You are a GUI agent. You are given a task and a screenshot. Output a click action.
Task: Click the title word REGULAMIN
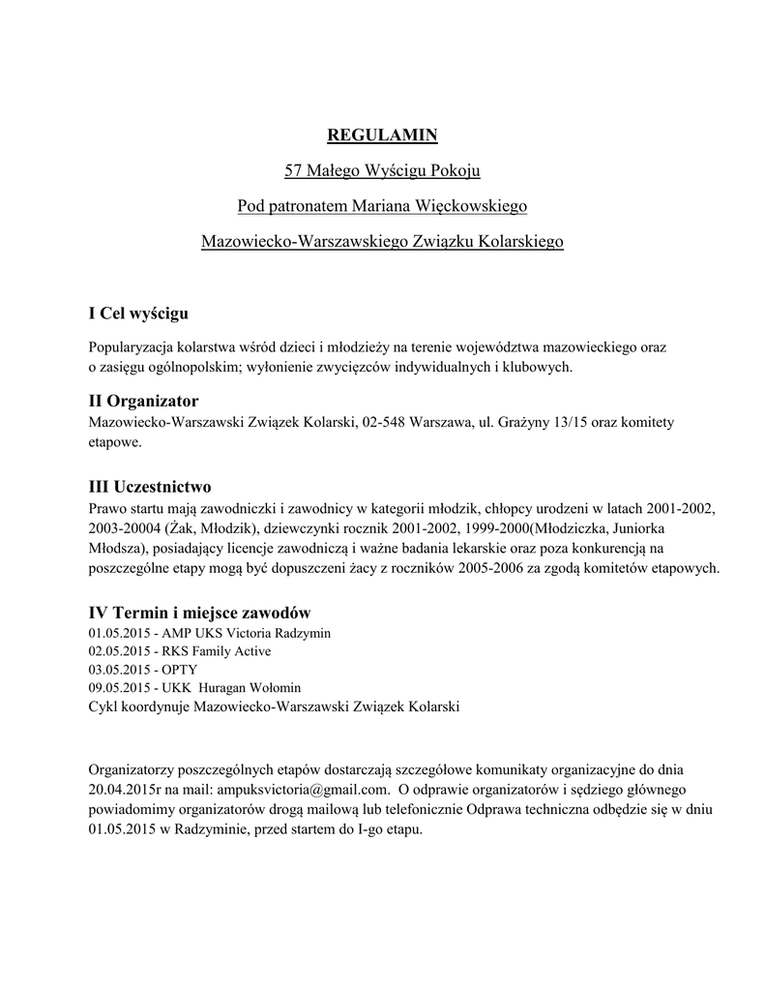pyautogui.click(x=382, y=134)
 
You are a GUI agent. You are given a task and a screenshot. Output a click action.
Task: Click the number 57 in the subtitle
pyautogui.click(x=294, y=171)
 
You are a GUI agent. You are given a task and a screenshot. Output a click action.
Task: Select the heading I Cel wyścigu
pyautogui.click(x=137, y=314)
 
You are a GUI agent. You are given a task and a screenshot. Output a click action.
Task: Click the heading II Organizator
pyautogui.click(x=143, y=401)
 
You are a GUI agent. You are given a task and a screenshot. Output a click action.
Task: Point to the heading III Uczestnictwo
pyautogui.click(x=149, y=486)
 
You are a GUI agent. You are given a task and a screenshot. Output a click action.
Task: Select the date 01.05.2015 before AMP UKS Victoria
pyautogui.click(x=119, y=633)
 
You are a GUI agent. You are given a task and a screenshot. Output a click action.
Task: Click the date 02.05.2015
pyautogui.click(x=119, y=651)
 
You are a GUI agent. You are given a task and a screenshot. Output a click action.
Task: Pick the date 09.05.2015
pyautogui.click(x=119, y=688)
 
